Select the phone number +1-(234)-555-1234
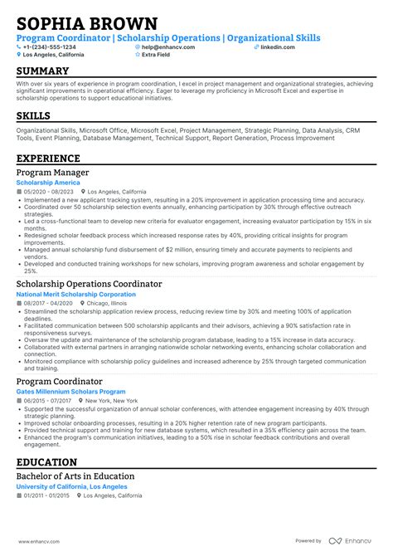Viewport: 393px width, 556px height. (x=51, y=47)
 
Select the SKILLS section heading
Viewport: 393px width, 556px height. (x=33, y=116)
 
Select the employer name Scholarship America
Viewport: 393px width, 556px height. (x=48, y=182)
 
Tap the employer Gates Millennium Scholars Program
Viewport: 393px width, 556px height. (x=70, y=391)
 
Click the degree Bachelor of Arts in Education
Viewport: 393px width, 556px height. (x=75, y=476)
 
